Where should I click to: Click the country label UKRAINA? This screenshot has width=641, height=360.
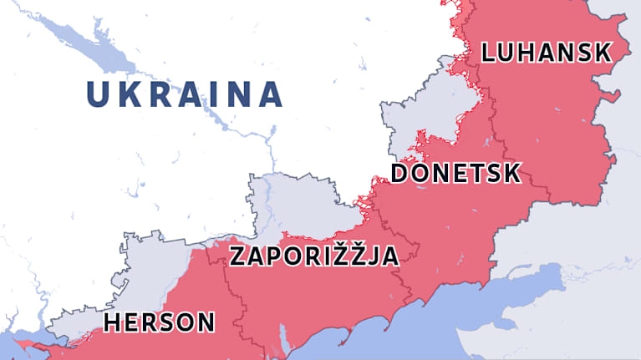tap(185, 94)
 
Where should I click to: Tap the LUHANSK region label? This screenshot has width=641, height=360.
tap(547, 53)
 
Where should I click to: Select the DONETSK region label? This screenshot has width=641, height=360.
tap(455, 174)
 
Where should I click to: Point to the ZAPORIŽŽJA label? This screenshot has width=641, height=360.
tap(313, 256)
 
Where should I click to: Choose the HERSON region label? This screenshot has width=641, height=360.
tap(159, 322)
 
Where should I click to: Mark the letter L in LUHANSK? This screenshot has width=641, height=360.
tap(489, 53)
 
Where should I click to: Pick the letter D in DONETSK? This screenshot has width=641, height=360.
tap(400, 174)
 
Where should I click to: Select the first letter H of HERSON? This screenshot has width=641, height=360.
tap(113, 322)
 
